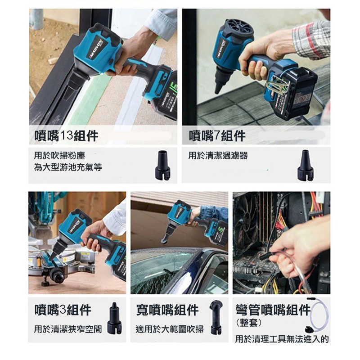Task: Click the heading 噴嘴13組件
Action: tap(66, 135)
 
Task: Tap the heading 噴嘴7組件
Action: tap(217, 135)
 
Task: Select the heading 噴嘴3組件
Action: tap(63, 310)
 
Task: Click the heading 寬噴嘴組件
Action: tap(167, 310)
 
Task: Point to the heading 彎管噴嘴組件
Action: tap(273, 310)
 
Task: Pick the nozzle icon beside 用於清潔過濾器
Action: tap(305, 166)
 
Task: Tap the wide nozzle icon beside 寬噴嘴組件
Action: tap(216, 317)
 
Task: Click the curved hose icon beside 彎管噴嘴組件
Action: tap(318, 315)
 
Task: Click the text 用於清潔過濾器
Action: tap(218, 156)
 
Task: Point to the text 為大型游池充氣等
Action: tap(68, 167)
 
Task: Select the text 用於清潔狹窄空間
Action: tap(68, 329)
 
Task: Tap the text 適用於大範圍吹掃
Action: tap(170, 329)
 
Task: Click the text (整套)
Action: tap(248, 323)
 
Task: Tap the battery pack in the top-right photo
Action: tap(299, 93)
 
